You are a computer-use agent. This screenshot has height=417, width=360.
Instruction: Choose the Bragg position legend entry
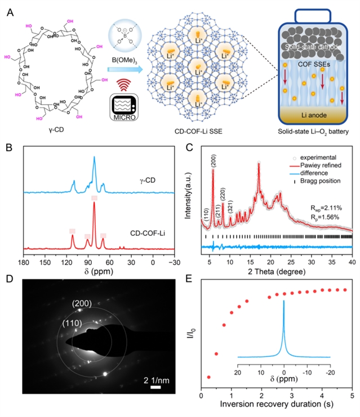tap(310, 183)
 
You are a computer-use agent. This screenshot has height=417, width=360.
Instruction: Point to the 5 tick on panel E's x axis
tap(352, 396)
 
